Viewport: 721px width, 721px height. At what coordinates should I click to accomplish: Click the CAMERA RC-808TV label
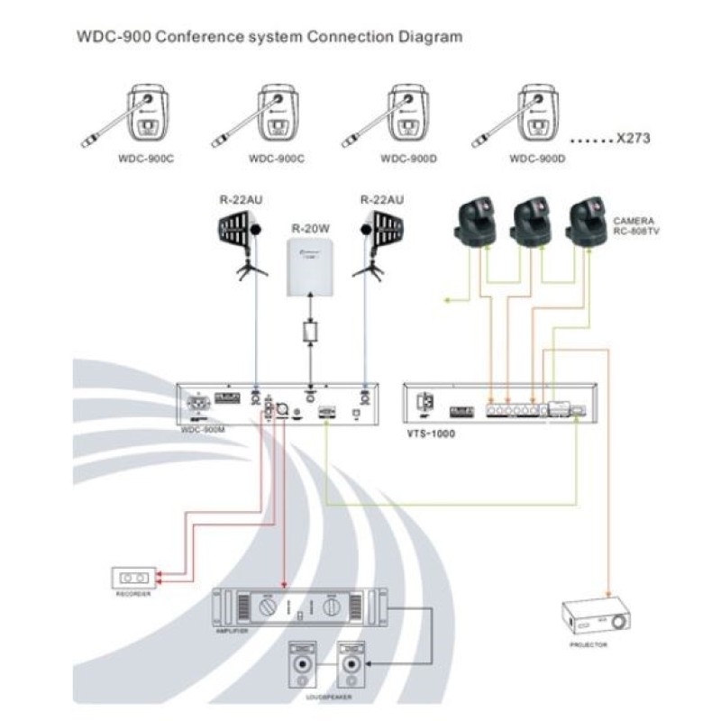[x=634, y=225]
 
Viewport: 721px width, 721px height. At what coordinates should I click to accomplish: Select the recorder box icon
[x=132, y=577]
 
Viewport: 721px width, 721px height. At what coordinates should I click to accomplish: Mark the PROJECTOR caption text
[x=589, y=645]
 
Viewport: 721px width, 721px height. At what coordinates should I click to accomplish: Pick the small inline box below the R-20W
[x=312, y=333]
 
